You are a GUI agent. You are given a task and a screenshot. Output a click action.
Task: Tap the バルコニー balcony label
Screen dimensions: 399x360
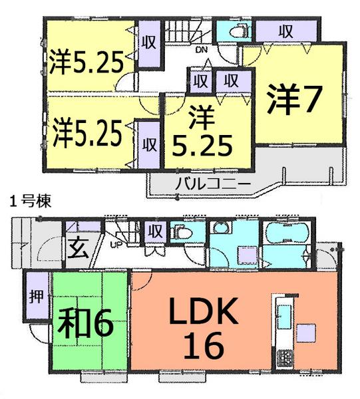[x=212, y=182]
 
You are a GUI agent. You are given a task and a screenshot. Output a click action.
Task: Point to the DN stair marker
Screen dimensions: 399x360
[x=200, y=49]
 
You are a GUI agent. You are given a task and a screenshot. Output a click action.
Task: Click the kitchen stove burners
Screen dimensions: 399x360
[x=285, y=358]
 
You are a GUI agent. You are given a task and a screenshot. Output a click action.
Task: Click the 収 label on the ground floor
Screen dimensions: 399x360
[x=156, y=233]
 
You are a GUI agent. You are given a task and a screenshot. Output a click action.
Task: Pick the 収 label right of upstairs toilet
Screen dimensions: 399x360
[x=286, y=31]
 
